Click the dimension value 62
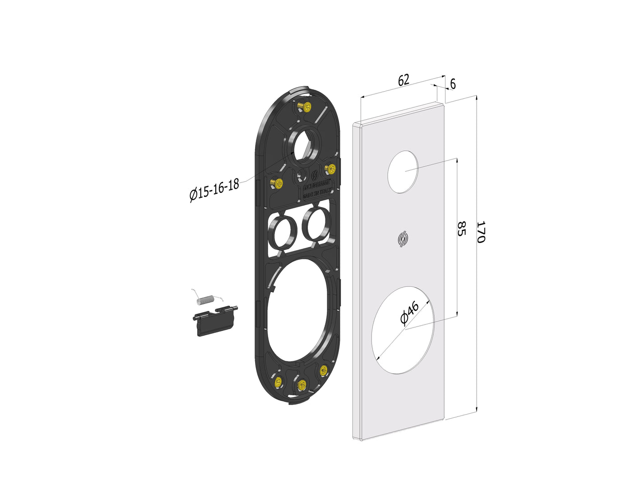(404, 80)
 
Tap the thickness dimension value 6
(453, 84)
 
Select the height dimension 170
(481, 232)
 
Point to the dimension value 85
(461, 229)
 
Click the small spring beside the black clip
(205, 299)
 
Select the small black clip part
(214, 321)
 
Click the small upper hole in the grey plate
(403, 172)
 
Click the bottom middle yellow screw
(302, 385)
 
